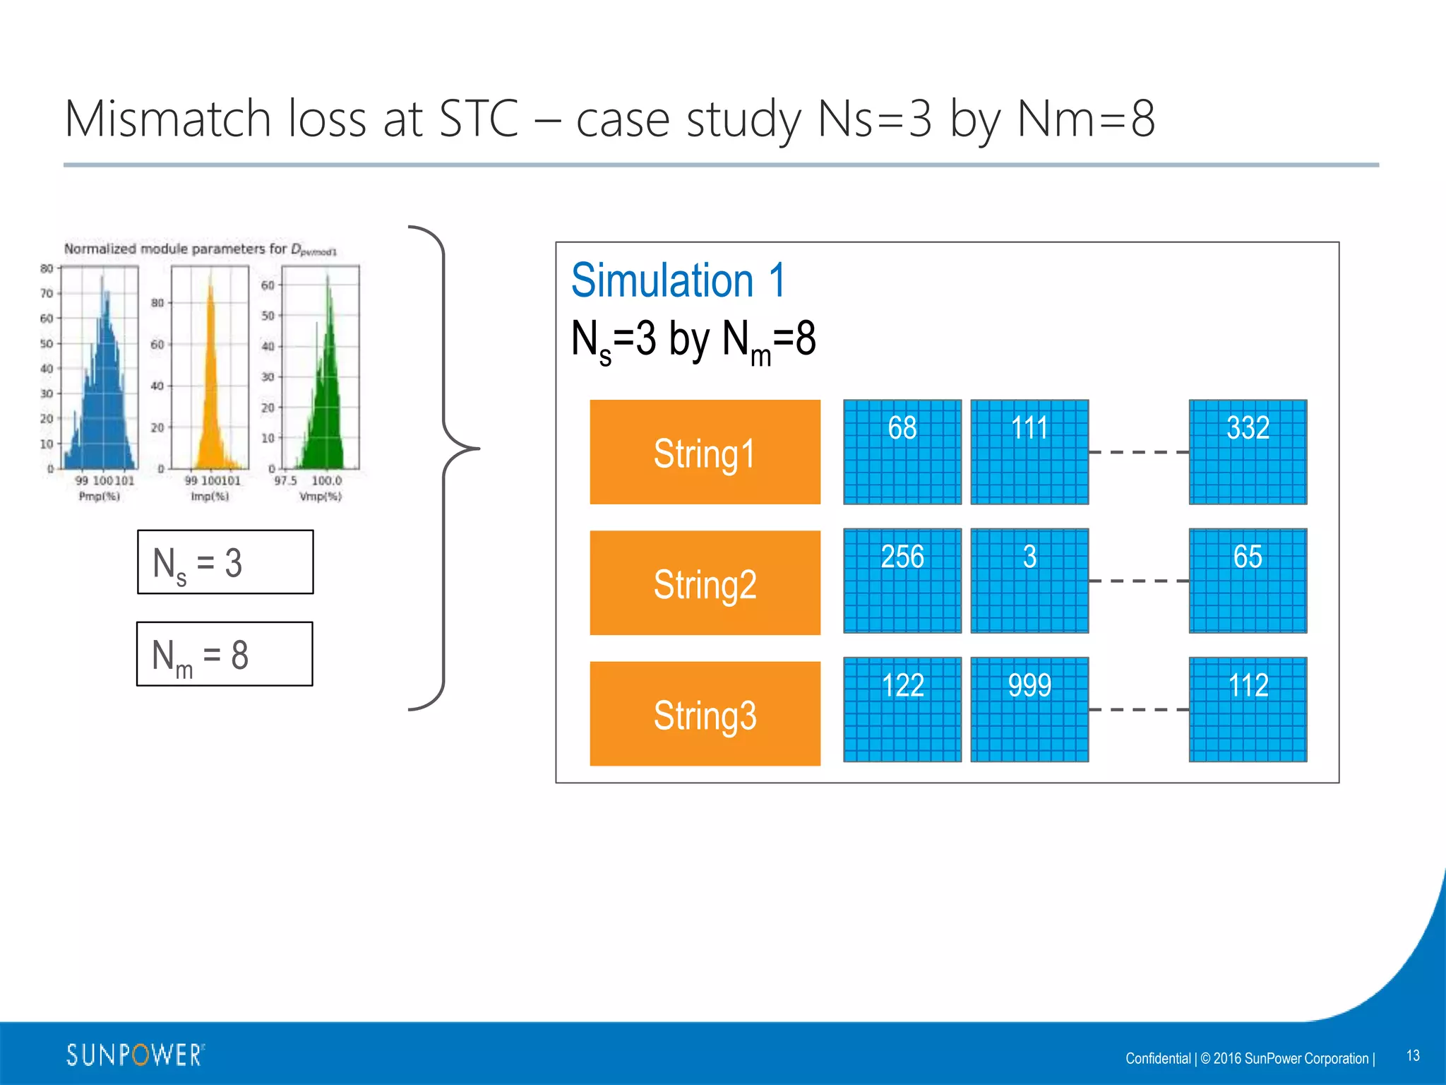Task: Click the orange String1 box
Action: click(705, 452)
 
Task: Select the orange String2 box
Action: click(705, 583)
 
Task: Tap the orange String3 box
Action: click(705, 713)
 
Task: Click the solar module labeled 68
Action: click(902, 452)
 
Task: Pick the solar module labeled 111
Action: click(1029, 452)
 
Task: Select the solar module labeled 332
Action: click(1248, 452)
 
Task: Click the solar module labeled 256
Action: click(902, 581)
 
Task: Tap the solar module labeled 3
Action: click(1029, 581)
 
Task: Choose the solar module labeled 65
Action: click(1248, 581)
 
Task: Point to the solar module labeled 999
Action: click(1029, 709)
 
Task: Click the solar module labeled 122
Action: click(902, 709)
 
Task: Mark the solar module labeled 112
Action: click(1248, 709)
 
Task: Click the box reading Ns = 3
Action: click(225, 562)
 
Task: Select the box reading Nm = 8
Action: click(225, 654)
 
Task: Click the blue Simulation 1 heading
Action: click(678, 280)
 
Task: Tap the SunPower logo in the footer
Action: click(135, 1055)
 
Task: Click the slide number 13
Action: click(1413, 1055)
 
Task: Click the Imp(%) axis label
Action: click(210, 497)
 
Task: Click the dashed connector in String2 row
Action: click(1138, 581)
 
